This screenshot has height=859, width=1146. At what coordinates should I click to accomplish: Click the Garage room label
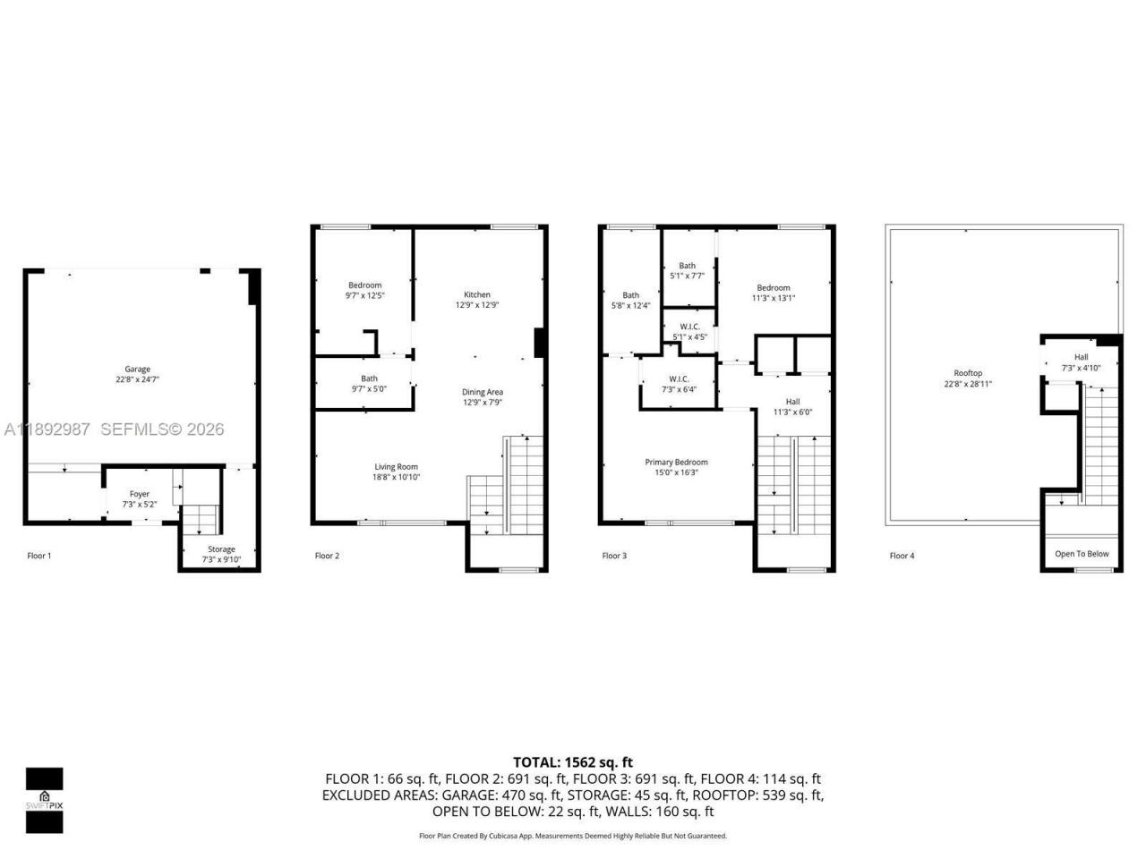coord(137,370)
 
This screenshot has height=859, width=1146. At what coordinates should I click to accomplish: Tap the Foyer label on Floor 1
coord(139,494)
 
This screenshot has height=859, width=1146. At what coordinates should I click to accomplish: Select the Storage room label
coord(221,549)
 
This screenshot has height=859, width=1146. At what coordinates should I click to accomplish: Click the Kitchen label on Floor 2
coord(476,294)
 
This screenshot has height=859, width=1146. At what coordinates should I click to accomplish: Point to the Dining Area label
coord(482,392)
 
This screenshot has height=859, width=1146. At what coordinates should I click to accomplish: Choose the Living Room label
coord(396,467)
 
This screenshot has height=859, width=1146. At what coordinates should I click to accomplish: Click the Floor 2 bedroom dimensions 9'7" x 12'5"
coord(364,295)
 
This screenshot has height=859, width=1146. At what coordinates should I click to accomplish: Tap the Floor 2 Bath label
coord(369,378)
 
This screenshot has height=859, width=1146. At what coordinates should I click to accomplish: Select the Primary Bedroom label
coord(676,463)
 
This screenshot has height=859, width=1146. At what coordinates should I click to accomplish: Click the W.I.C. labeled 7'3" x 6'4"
coord(678,379)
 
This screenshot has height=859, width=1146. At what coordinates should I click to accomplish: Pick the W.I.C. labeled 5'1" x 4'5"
coord(689,327)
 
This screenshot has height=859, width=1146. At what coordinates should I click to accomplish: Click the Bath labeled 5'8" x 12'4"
coord(630,295)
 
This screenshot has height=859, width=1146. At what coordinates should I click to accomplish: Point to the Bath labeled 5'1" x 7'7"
coord(687,266)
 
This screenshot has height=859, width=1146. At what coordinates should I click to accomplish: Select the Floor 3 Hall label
coord(792,402)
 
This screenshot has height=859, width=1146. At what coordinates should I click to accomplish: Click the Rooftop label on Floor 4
coord(968,373)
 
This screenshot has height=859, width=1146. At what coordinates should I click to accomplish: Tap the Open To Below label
coord(1082,554)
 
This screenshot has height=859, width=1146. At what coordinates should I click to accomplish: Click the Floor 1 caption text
coord(39,556)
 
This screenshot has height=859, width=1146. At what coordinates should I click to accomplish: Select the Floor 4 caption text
coord(902,556)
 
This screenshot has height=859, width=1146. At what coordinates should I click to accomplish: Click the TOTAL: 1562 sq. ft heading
coord(572,762)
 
